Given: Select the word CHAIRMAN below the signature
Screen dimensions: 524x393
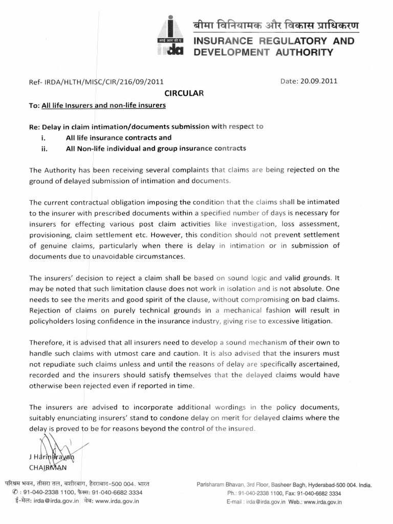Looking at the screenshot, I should [x=48, y=467].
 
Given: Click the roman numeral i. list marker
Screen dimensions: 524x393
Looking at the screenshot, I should [x=43, y=138].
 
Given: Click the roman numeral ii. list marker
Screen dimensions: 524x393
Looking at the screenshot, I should [x=43, y=148].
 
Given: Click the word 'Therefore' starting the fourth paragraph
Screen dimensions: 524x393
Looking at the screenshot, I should [x=46, y=342].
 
